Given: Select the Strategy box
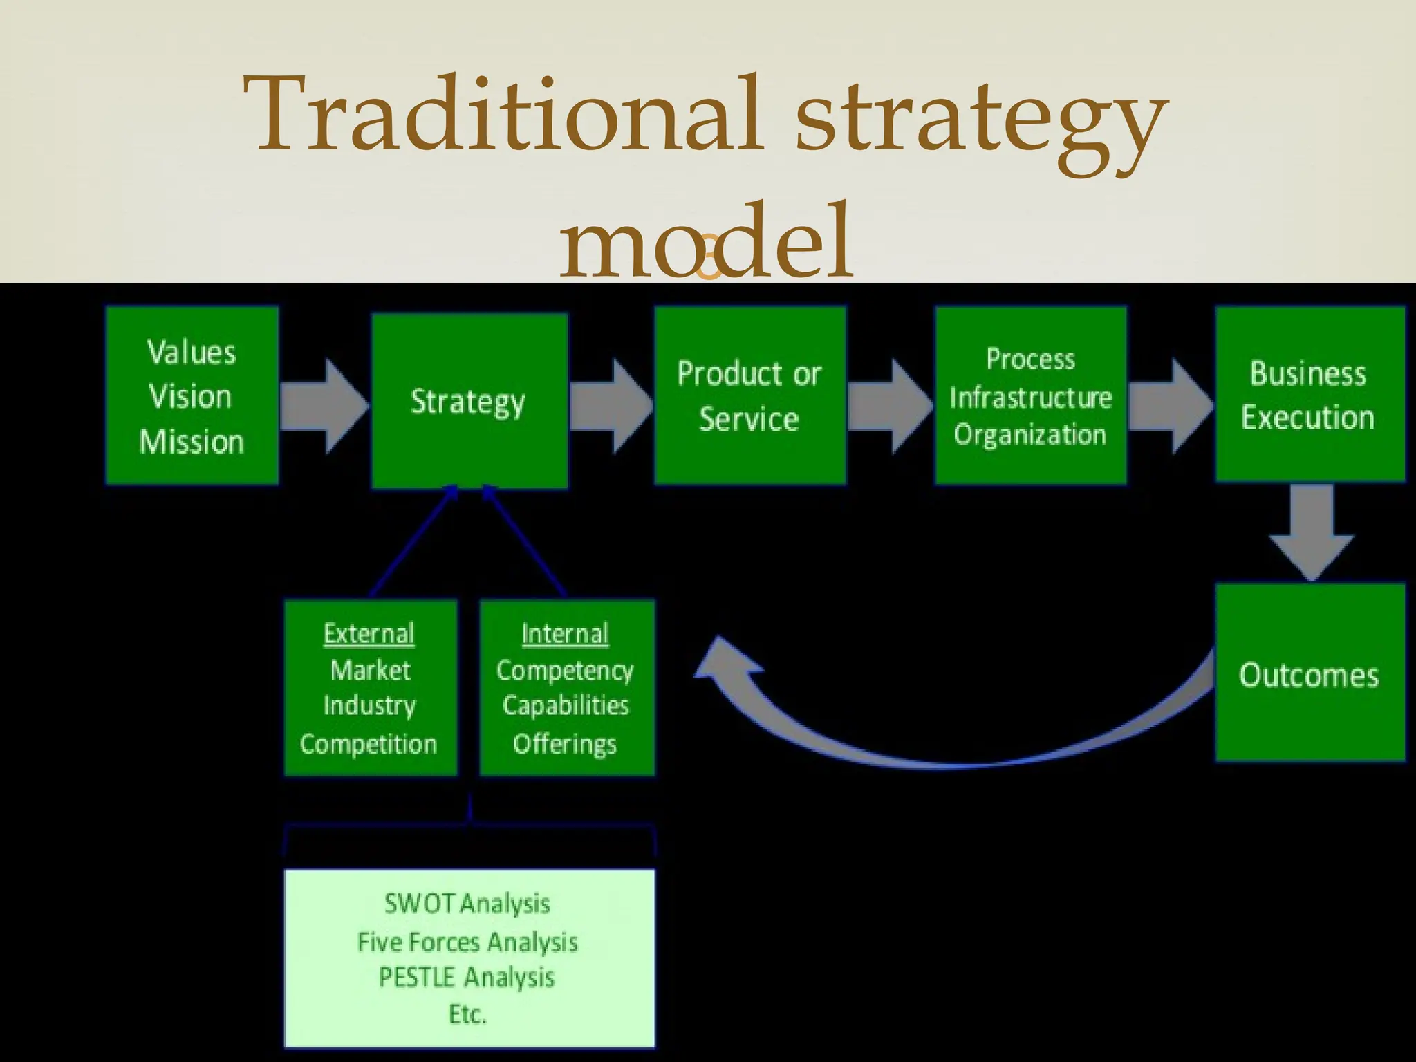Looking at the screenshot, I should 469,401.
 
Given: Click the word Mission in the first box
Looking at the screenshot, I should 192,442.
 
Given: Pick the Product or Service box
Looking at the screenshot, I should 749,395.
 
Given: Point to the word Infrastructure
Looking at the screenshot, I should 1030,398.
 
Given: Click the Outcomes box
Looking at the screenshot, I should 1309,675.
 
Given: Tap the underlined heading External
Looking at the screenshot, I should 369,633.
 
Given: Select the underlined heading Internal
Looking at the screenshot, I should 565,633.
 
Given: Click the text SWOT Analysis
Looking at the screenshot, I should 467,904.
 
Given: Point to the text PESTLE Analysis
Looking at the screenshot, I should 467,978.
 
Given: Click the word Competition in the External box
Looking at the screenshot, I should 369,744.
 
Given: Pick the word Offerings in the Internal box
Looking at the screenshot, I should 565,744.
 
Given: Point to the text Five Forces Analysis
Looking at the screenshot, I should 467,942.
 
